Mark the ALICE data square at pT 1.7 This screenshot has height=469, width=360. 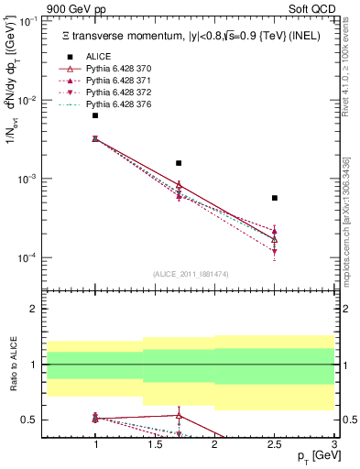click(179, 163)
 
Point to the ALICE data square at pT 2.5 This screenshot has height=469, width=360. click(275, 198)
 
